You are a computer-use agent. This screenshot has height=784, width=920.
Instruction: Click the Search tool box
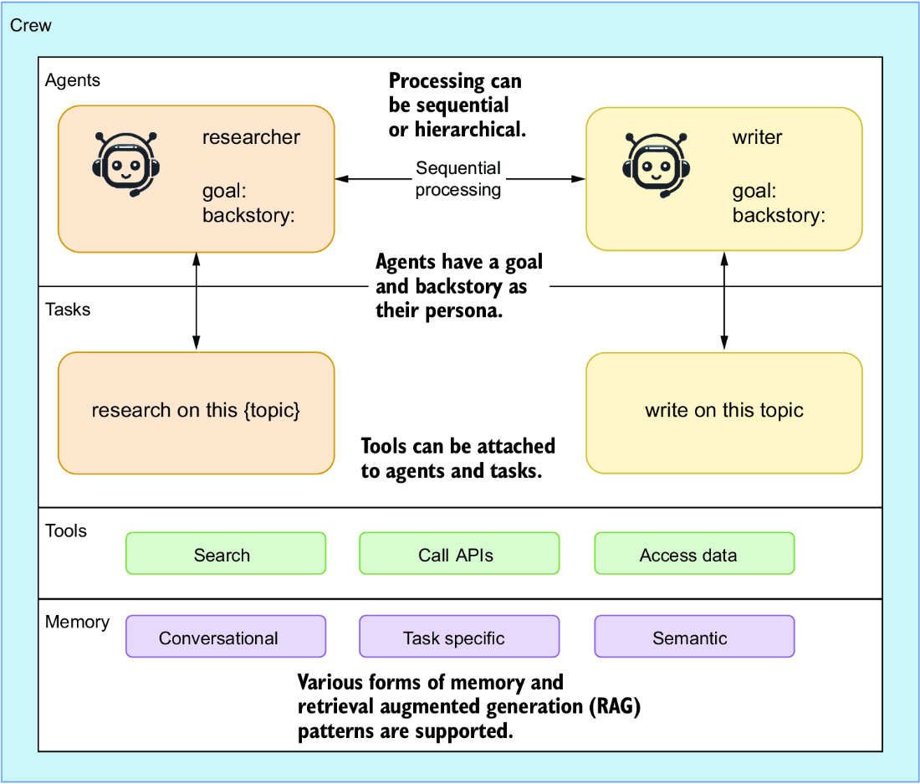226,553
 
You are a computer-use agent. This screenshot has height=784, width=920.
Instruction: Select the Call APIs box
459,553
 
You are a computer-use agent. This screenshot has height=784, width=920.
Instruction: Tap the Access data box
695,553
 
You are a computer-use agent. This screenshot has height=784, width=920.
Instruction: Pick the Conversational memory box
226,637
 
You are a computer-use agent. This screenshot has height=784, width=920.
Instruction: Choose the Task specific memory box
459,637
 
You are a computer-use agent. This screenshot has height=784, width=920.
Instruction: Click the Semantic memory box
695,637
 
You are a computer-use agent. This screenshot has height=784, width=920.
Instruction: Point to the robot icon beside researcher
125,164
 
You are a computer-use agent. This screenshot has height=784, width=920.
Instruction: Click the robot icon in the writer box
656,166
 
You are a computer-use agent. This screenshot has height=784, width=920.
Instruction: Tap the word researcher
251,137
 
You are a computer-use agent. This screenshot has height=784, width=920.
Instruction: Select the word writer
757,137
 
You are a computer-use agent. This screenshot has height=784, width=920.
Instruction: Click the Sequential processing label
458,179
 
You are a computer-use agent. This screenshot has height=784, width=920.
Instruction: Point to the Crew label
30,25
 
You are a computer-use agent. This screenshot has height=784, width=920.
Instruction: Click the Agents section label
73,80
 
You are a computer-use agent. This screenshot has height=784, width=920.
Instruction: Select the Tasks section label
68,310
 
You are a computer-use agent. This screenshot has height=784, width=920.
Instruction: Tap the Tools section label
66,530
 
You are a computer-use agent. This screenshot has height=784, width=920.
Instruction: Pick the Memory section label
78,622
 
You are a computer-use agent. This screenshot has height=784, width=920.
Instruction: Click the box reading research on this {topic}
197,413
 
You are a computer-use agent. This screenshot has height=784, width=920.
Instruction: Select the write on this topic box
724,413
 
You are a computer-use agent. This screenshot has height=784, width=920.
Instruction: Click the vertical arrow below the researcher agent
197,301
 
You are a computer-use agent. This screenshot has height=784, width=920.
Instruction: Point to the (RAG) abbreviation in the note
615,706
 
